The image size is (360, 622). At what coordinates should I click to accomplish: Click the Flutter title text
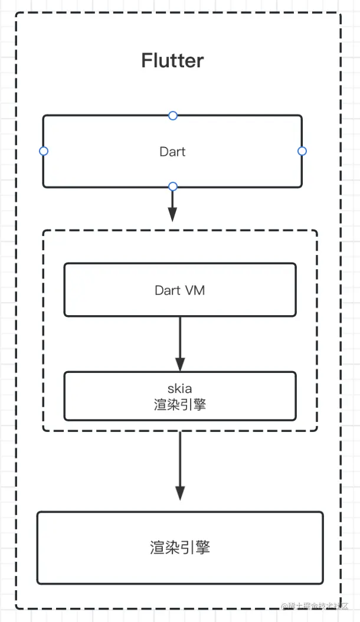pos(172,61)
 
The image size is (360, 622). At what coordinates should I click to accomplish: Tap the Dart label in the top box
pos(172,152)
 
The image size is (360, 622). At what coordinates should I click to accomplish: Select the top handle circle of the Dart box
pos(172,115)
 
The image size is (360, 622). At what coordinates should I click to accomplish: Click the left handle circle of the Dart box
pos(43,151)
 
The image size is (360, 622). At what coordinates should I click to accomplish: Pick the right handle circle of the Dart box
pos(302,151)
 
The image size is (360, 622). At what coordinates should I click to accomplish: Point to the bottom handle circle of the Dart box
pos(172,186)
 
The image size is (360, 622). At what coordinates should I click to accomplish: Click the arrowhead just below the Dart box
pos(172,215)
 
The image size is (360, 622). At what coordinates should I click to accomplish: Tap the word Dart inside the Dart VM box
pos(167,290)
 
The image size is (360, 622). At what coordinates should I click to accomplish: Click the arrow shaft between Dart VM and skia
pos(181,336)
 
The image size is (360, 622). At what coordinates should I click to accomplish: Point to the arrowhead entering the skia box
pos(181,364)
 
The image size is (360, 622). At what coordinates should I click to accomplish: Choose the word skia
pos(180,389)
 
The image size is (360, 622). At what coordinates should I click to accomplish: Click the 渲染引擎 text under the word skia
pos(180,405)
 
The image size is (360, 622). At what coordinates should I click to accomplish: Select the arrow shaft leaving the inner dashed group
pos(181,457)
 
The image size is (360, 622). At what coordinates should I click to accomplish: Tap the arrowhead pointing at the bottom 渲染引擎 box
pos(181,493)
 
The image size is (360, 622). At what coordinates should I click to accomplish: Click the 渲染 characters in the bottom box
pos(165,548)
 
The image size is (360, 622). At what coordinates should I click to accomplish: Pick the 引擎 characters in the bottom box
pos(195,548)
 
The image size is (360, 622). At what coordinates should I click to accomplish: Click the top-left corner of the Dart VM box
pos(65,264)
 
